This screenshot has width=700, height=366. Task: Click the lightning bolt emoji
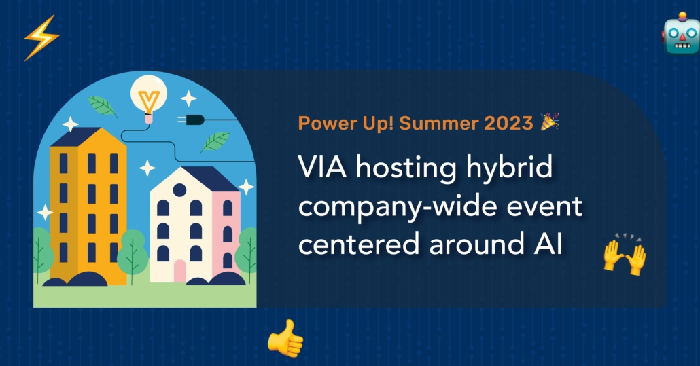pos(41,37)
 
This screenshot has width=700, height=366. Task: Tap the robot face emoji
pos(681,34)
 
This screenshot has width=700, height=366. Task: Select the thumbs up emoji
pos(285,339)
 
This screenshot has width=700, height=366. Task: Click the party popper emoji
pos(550,122)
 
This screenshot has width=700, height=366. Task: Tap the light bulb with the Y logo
pos(149,99)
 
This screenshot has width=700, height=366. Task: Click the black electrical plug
pos(191,120)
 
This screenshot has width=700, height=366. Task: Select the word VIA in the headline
pos(322,168)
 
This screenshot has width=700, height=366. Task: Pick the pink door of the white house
pos(179,271)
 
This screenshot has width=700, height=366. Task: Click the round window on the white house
pos(179,190)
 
